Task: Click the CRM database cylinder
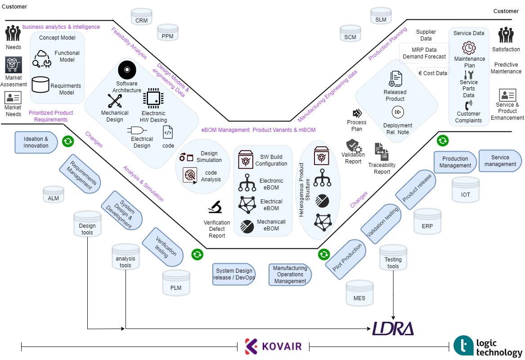pyautogui.click(x=141, y=17)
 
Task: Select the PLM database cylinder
pyautogui.click(x=176, y=283)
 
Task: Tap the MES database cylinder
pyautogui.click(x=359, y=294)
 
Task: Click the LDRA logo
pyautogui.click(x=393, y=328)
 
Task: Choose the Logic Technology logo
pyautogui.click(x=488, y=346)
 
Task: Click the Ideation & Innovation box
pyautogui.click(x=36, y=142)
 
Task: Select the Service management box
pyautogui.click(x=500, y=161)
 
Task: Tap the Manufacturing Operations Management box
pyautogui.click(x=290, y=274)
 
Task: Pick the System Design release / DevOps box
pyautogui.click(x=234, y=274)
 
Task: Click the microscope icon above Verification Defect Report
pyautogui.click(x=215, y=207)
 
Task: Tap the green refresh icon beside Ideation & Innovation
pyautogui.click(x=68, y=141)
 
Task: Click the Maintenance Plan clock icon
pyautogui.click(x=469, y=48)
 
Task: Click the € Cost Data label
pyautogui.click(x=433, y=73)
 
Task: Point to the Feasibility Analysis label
pyautogui.click(x=129, y=43)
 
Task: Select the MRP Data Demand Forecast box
pyautogui.click(x=424, y=53)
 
